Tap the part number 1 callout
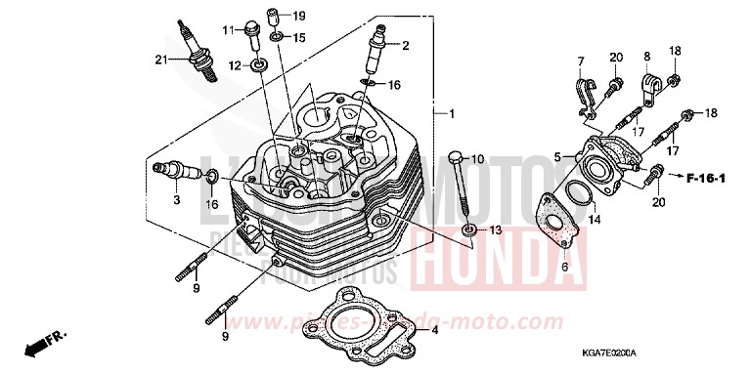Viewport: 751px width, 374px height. tap(451, 114)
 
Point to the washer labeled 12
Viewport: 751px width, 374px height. tap(258, 65)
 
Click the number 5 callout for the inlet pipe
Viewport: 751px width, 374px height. tap(556, 156)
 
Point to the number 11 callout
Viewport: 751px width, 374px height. tap(225, 30)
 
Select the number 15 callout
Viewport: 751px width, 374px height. tap(299, 37)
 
